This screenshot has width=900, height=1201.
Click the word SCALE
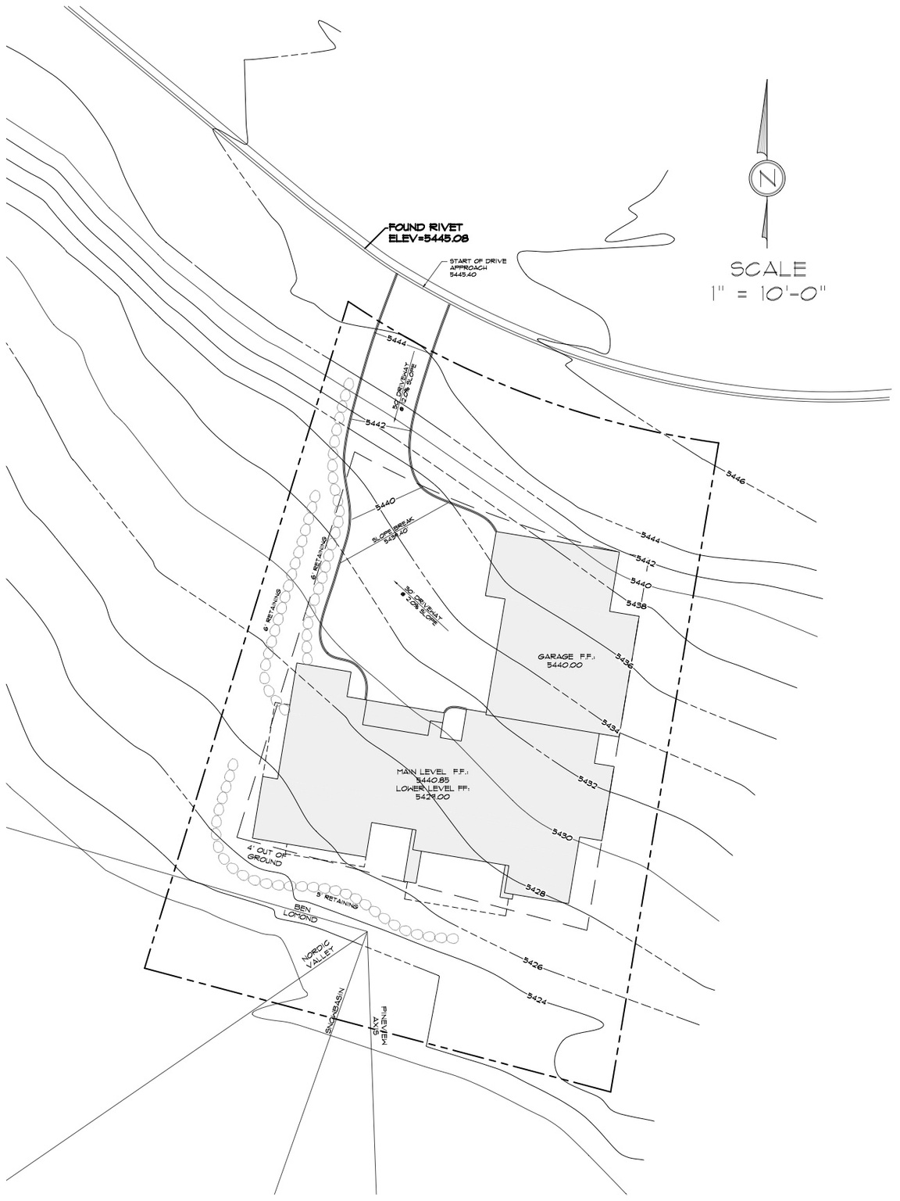pyautogui.click(x=768, y=270)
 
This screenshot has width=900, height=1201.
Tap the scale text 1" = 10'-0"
pyautogui.click(x=768, y=294)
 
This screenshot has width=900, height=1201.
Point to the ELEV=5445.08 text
pyautogui.click(x=428, y=238)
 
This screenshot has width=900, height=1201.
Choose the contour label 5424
pyautogui.click(x=536, y=998)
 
